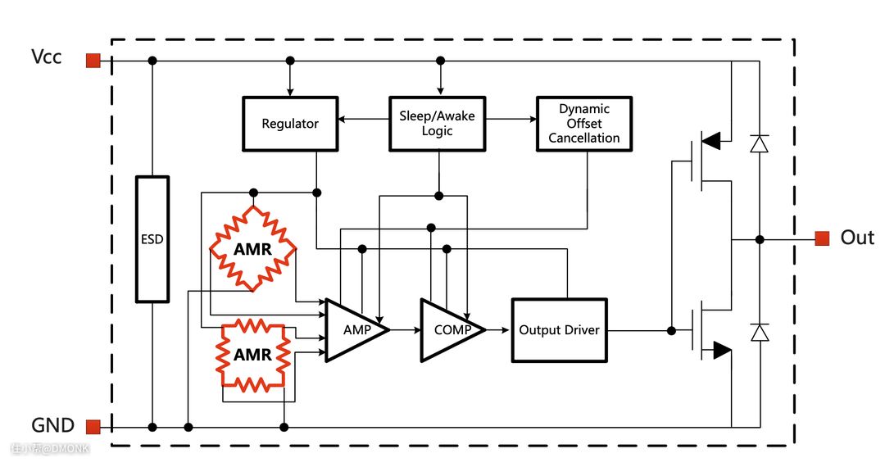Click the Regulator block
point(290,124)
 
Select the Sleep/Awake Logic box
point(437,124)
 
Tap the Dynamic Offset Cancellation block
point(583,124)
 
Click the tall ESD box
point(152,239)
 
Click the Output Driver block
point(559,330)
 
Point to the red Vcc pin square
point(93,60)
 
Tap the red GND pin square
point(93,427)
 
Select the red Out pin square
point(822,238)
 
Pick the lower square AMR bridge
point(252,355)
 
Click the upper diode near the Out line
point(760,144)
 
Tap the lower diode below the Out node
point(760,332)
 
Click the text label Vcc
point(46,57)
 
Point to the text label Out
point(857,238)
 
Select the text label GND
point(52,426)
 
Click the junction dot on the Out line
point(760,239)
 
